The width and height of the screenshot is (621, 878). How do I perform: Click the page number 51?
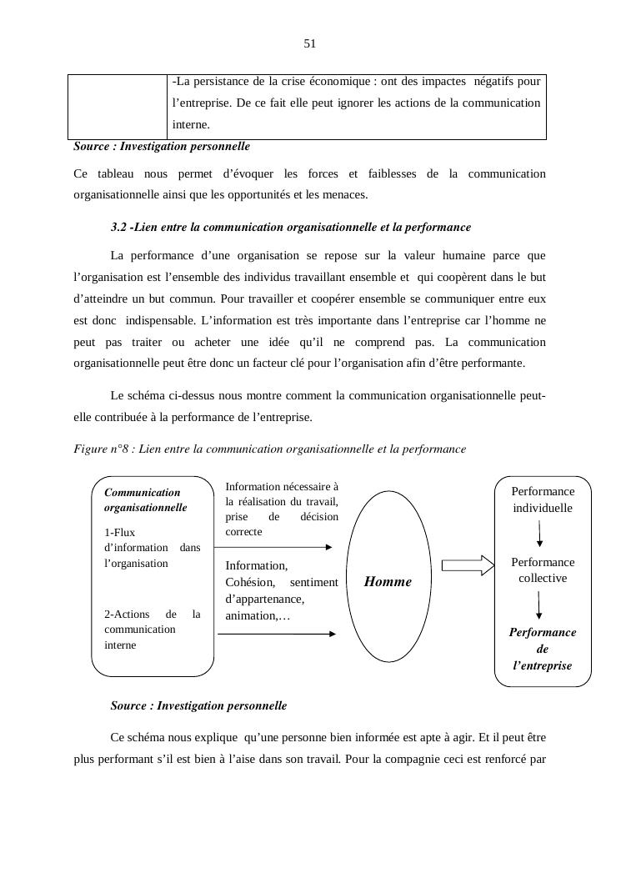point(310,44)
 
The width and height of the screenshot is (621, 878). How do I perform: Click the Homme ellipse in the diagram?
point(388,581)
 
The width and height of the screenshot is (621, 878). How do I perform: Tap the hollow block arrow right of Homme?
point(468,566)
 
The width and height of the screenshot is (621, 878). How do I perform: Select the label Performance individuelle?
point(543,500)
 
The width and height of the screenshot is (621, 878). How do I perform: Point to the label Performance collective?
point(543,570)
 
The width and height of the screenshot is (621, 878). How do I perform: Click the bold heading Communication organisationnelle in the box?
point(145,500)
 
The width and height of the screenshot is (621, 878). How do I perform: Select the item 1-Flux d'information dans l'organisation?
point(152,548)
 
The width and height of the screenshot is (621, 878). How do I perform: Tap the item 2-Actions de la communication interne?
point(152,630)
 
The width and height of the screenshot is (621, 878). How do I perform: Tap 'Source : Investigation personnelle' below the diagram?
point(198,705)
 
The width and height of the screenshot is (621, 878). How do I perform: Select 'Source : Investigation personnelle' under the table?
point(162,146)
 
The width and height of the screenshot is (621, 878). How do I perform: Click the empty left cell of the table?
point(118,106)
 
